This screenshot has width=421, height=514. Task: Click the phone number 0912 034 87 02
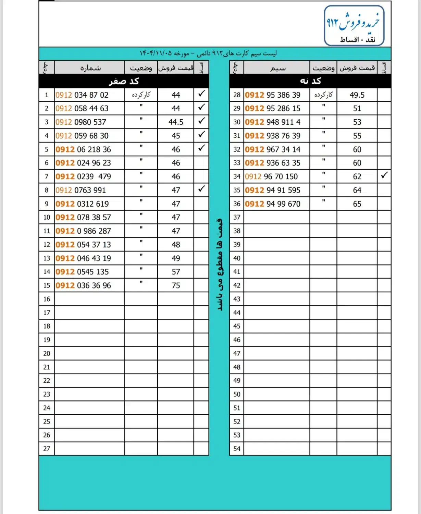tap(82, 95)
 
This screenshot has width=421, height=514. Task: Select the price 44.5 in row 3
tap(176, 122)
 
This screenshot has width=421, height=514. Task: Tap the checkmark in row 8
tap(202, 189)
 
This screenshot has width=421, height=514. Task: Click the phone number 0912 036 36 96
tap(83, 285)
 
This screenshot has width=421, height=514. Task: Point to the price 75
tap(176, 285)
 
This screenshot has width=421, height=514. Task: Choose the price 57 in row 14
tap(176, 272)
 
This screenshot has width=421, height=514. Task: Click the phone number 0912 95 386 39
tap(273, 95)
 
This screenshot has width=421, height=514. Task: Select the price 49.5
tap(357, 95)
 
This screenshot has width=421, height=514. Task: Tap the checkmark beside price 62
tap(384, 175)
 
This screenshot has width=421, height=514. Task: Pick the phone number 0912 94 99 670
tap(273, 204)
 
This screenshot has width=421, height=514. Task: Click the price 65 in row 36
tap(357, 204)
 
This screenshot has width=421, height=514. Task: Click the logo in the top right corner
tap(354, 26)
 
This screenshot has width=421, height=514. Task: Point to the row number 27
tap(47, 449)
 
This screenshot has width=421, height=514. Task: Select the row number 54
tap(237, 449)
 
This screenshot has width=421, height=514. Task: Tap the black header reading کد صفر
tap(124, 81)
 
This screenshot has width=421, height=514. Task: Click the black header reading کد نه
tap(310, 81)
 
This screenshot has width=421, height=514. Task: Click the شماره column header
tap(90, 68)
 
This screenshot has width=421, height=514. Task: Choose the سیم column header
tap(277, 68)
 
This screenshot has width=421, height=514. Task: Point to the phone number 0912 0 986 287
tap(83, 231)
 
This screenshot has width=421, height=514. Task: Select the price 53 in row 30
tap(357, 122)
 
